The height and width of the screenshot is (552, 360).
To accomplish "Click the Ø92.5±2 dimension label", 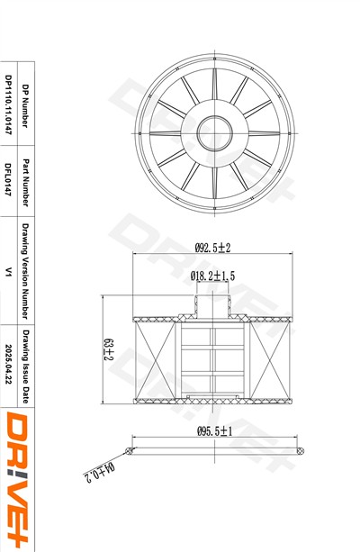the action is pos(212,248).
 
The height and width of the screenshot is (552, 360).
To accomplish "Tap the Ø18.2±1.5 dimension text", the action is pos(212,276).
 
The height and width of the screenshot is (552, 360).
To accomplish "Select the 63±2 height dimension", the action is pos(108,349).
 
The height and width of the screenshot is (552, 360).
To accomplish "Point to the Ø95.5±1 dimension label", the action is pos(215,431).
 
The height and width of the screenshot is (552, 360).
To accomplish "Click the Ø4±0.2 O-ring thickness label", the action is pos(100,473).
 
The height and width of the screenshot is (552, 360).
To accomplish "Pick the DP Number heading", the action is pos(25,106).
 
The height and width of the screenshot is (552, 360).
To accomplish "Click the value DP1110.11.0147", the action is pos(9,105).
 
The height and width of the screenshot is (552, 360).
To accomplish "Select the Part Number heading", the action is pos(25,183).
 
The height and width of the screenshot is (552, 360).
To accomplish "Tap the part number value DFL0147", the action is pos(8,179).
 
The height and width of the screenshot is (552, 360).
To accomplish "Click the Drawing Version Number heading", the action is pos(25,271).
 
